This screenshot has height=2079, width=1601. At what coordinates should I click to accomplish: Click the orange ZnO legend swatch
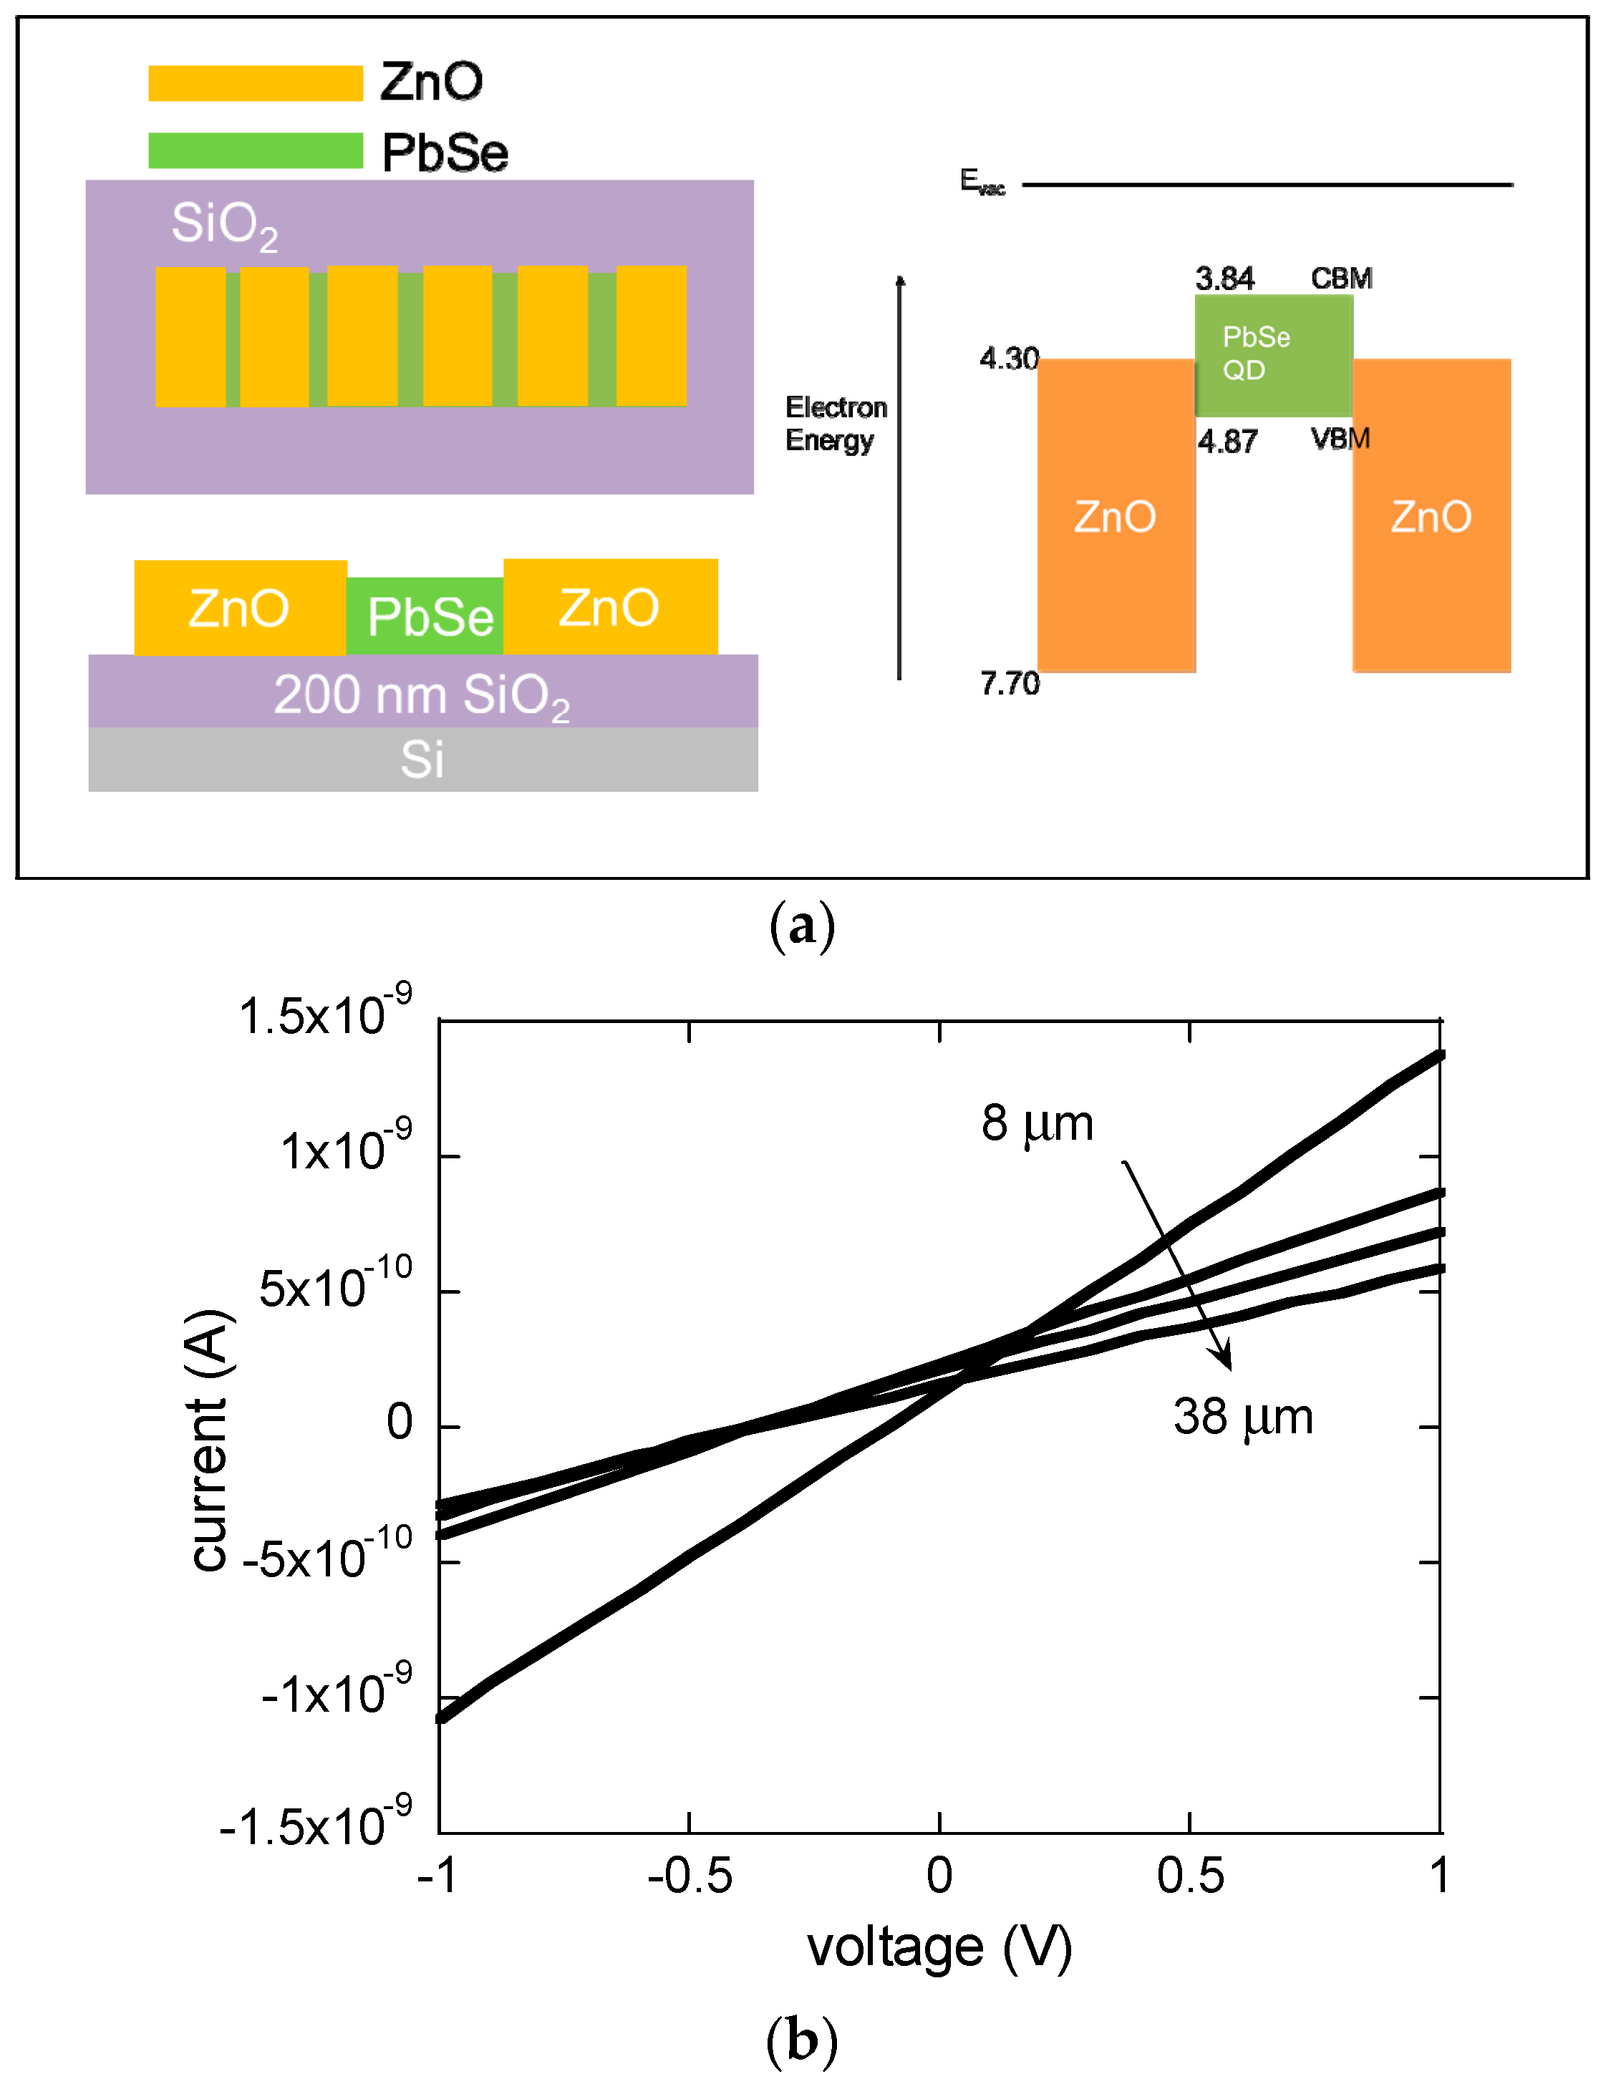coord(255,83)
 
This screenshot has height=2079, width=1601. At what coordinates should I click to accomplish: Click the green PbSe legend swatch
coord(255,150)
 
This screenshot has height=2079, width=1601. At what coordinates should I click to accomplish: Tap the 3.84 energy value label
coord(1224,279)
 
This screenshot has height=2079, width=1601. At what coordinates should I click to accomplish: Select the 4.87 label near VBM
coord(1227,442)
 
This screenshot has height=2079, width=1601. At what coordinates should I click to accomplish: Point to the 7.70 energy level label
coord(1010,684)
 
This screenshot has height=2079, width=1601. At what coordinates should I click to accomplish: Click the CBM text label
coord(1341,279)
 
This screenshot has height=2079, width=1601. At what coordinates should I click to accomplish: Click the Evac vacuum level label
coord(982,182)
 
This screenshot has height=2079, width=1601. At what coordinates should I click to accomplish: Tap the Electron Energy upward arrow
coord(899,476)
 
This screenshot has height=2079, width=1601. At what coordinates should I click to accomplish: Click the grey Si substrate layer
coord(422,759)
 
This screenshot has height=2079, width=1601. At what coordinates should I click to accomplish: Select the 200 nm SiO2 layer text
coord(422,695)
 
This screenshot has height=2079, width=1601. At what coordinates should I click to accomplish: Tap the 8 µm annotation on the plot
coord(1037,1124)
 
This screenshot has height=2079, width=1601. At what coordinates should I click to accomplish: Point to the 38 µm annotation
coord(1242,1417)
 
